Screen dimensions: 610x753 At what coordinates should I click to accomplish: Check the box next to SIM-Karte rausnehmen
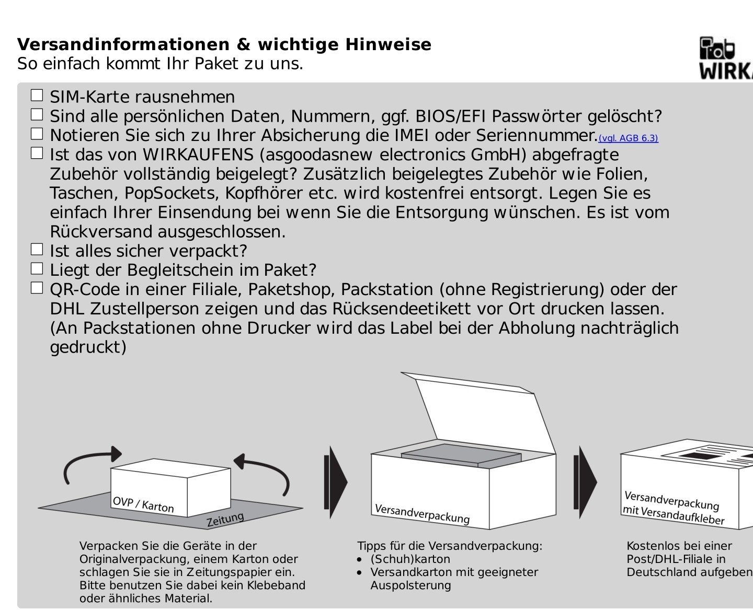[x=37, y=96]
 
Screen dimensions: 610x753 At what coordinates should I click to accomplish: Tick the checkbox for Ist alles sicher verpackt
[x=37, y=249]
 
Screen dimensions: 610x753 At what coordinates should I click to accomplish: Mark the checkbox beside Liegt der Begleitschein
[x=37, y=268]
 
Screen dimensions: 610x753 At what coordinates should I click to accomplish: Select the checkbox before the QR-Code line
[x=37, y=288]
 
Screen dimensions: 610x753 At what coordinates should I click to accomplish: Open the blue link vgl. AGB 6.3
[x=628, y=138]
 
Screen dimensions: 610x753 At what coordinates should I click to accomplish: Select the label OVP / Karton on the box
[x=143, y=505]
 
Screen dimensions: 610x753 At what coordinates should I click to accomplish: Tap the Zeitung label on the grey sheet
[x=225, y=519]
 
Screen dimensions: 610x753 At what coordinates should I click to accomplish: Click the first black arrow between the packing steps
[x=335, y=482]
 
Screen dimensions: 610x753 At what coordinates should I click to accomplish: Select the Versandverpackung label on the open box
[x=422, y=513]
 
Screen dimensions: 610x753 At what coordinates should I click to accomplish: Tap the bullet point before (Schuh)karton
[x=359, y=559]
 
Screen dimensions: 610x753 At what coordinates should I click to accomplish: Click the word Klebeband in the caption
[x=280, y=585]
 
